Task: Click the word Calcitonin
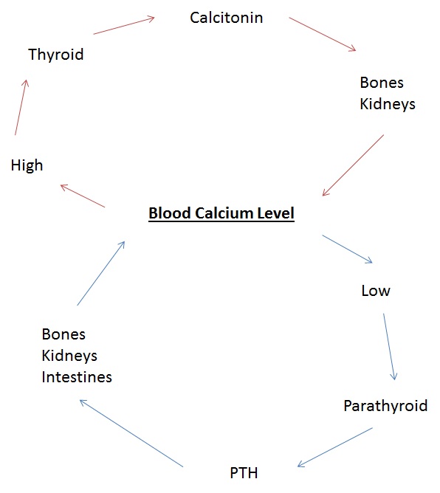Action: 226,17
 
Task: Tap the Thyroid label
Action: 55,55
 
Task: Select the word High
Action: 27,165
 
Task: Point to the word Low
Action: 375,291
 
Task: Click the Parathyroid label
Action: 385,406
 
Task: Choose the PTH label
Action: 244,472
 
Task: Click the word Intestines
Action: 77,377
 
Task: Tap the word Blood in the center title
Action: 168,214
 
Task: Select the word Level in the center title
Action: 275,214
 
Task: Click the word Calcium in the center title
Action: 222,214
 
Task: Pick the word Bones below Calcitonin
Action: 382,82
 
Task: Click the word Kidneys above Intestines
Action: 69,356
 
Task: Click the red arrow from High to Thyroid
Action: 21,107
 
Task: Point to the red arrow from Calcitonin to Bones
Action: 322,34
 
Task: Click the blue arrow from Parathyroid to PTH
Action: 334,447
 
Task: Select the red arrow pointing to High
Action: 83,196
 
